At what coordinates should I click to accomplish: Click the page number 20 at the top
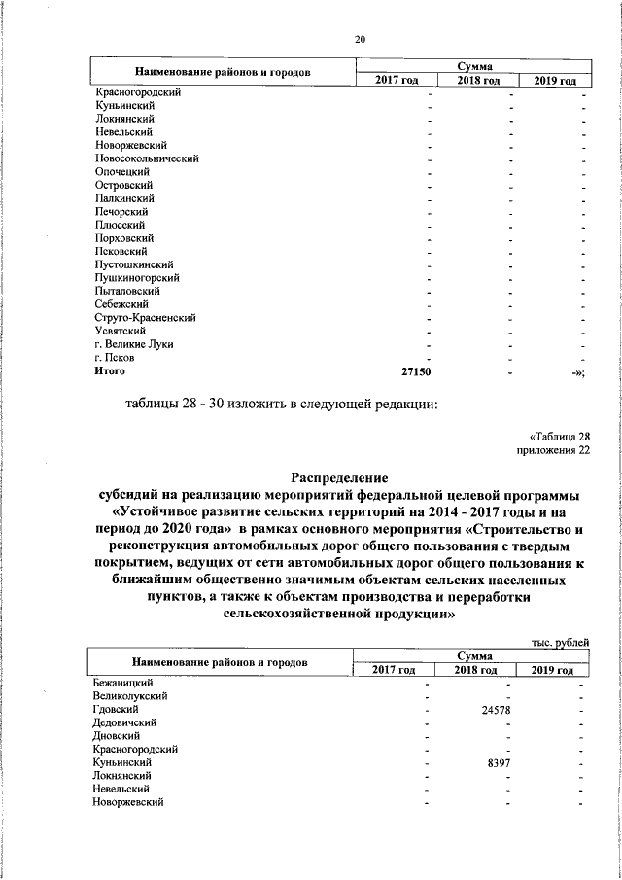tap(360, 40)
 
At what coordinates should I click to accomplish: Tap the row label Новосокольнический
tap(147, 158)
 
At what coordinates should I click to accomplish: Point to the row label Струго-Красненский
tap(146, 317)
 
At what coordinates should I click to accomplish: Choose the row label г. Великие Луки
tap(135, 344)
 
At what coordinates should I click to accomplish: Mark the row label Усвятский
tap(121, 331)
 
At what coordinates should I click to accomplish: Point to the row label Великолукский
tap(131, 697)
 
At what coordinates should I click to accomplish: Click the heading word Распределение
tap(340, 477)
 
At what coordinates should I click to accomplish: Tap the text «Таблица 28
tap(559, 437)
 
